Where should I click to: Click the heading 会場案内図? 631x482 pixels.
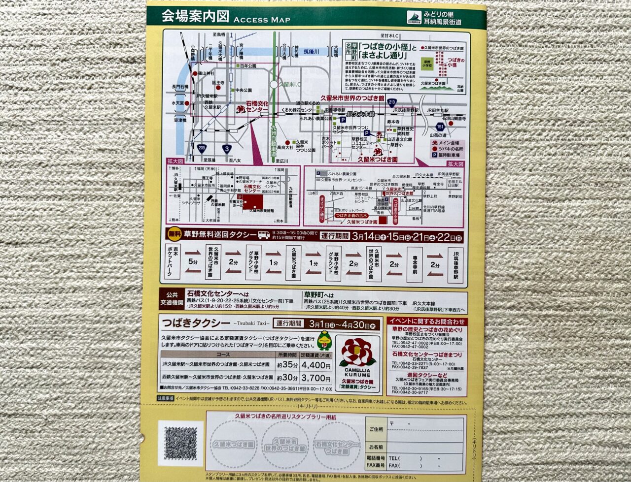(195, 16)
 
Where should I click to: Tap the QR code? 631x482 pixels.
(183, 444)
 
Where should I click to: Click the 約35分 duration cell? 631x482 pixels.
(287, 365)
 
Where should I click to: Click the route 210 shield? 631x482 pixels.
(392, 102)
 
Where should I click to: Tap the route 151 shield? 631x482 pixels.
(440, 127)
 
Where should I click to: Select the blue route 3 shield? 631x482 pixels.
(227, 147)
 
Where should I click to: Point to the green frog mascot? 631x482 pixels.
(324, 340)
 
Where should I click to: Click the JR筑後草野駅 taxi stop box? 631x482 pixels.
(456, 264)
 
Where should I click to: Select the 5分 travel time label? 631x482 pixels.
(193, 263)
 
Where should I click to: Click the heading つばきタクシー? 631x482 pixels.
(196, 324)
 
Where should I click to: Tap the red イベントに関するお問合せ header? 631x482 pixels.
(426, 321)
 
